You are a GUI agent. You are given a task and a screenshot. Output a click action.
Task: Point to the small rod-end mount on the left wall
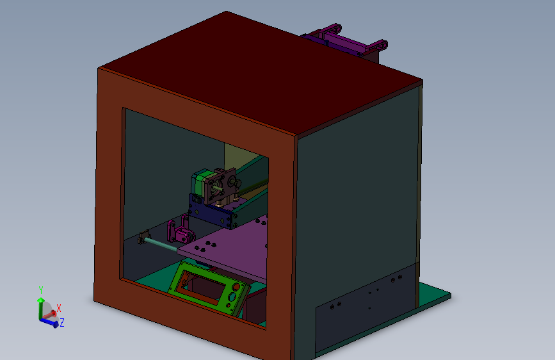tap(143, 238)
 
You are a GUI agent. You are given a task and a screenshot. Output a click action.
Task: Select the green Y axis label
tap(41, 290)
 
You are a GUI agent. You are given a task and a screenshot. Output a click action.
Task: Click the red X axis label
tap(59, 308)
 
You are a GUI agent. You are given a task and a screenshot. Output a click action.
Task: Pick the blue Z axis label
tap(62, 323)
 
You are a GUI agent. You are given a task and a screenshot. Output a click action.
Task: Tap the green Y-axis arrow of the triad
tap(41, 306)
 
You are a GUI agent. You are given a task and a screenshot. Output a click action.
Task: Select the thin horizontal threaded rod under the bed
tap(160, 243)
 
